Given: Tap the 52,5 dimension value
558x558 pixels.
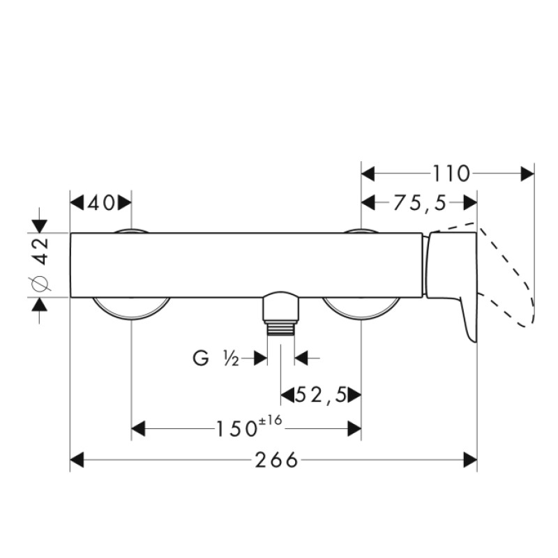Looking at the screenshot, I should pos(322,395).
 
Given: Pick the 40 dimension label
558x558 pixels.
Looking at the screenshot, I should pos(101,203).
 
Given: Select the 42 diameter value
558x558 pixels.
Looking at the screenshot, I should pos(41,250).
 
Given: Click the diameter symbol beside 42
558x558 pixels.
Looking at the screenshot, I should pos(40,282).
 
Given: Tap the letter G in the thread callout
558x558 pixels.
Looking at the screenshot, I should pos(200,359).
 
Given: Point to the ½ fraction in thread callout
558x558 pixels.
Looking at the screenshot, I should pos(232,359).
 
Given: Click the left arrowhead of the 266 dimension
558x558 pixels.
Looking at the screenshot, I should pos(77,460).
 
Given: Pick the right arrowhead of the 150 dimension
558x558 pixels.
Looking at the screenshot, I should pos(354,428).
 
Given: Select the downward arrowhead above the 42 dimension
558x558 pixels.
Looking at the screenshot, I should pos(40,225).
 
